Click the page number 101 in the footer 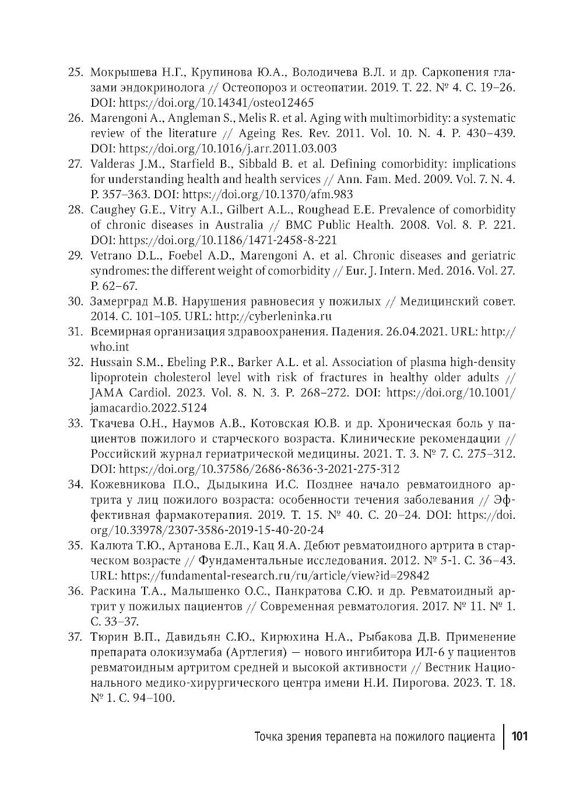519,736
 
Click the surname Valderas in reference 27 112,164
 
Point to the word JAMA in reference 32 106,393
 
